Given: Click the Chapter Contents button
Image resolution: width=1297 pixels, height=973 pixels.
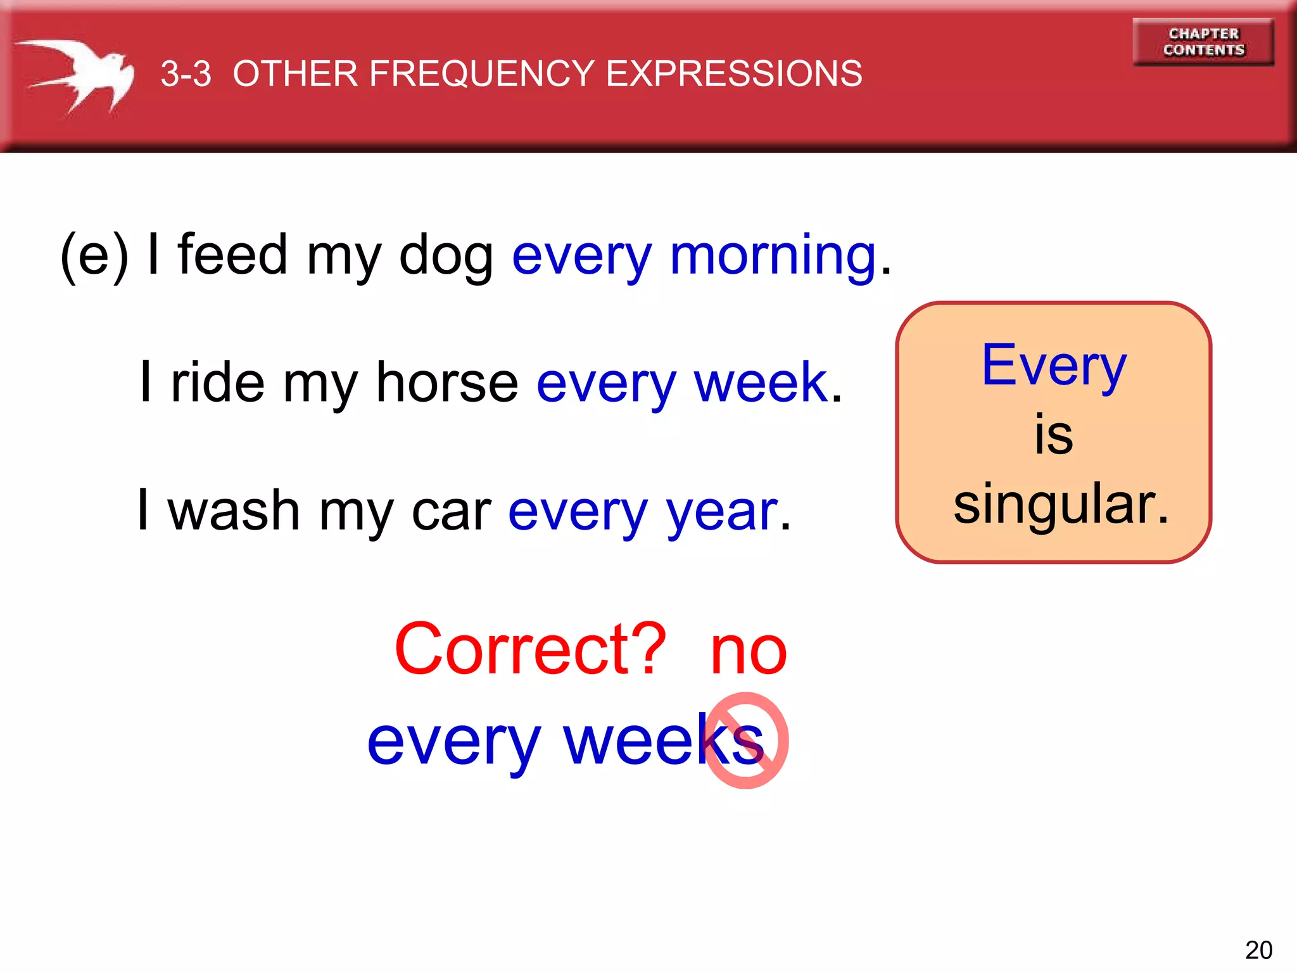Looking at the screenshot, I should coord(1203,42).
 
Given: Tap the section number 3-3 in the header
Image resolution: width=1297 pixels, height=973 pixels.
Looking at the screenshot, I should coord(186,73).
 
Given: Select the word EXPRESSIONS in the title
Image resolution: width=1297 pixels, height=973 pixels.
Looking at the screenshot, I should coord(734,73).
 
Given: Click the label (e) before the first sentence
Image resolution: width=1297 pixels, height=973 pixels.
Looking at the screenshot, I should coord(94,255).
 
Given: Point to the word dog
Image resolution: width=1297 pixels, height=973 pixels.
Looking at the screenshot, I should coord(446,255).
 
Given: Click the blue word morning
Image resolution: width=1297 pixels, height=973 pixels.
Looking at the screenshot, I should coord(773,256).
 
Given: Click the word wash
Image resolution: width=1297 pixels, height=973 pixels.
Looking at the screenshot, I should coord(234,511).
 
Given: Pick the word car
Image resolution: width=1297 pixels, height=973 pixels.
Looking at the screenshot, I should coord(451,512).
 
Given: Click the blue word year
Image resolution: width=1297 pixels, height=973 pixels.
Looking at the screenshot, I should coord(722,512).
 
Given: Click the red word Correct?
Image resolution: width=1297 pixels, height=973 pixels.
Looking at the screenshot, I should coord(530,649).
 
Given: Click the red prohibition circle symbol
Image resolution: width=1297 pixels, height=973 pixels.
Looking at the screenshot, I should coord(746,741).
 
